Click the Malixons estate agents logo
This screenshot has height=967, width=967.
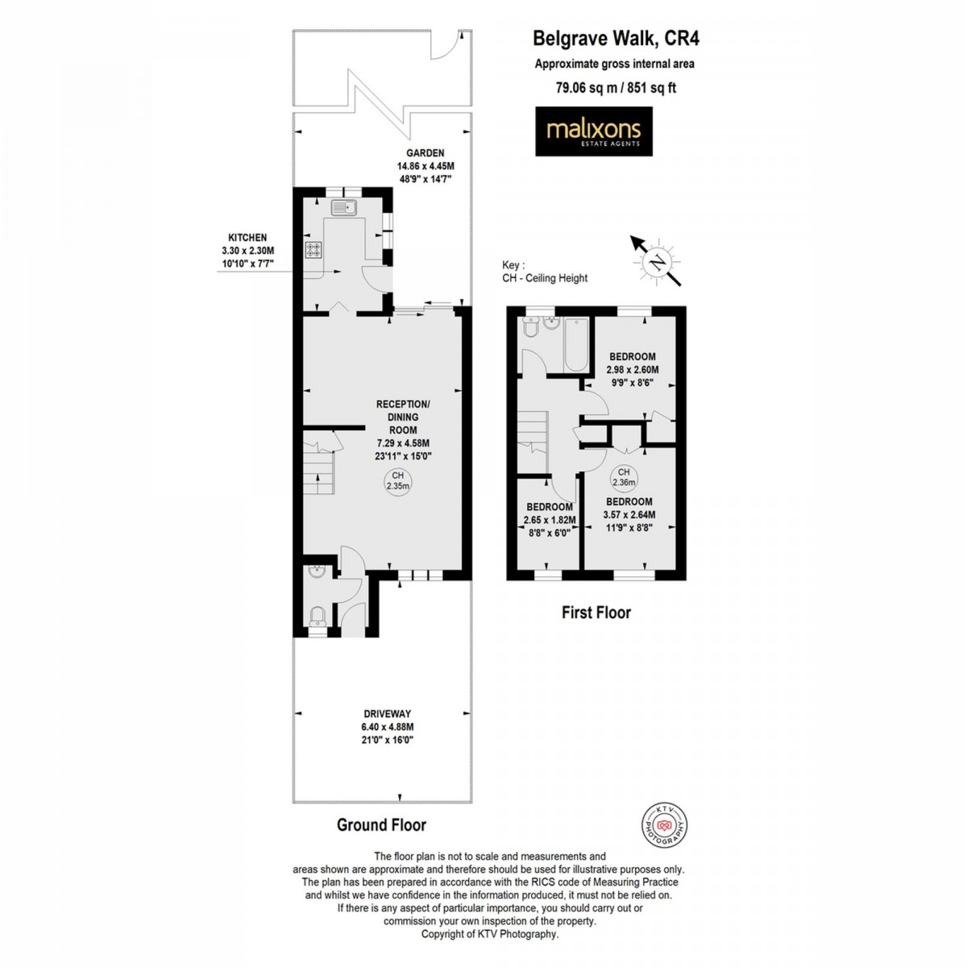point(594,131)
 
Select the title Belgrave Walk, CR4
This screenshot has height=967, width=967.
point(610,38)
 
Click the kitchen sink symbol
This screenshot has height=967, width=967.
point(344,209)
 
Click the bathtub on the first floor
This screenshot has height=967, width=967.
point(576,345)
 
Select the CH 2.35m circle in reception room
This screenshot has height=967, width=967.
point(396,482)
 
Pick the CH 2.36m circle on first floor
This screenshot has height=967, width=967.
point(624,478)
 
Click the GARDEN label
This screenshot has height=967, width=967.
point(425,153)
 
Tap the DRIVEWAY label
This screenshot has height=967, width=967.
point(387,714)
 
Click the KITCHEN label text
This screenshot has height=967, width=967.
point(247,238)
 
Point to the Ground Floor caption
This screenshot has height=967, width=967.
point(381,824)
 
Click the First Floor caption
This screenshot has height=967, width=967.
point(596,612)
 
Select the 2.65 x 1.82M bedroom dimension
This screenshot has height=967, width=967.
point(549,520)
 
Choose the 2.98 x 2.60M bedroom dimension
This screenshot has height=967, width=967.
point(632,371)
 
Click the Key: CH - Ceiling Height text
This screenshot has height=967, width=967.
point(544,272)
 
